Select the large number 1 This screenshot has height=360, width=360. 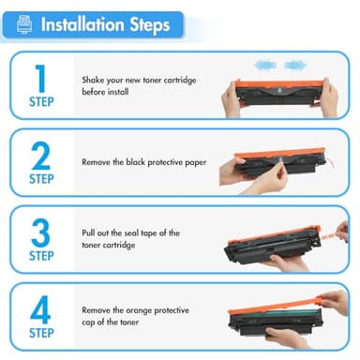coord(39,78)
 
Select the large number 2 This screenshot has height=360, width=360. coord(39,155)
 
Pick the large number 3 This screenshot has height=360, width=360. coord(39,232)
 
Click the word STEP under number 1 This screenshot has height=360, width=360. coord(40,102)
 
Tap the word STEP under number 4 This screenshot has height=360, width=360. coord(40,332)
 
